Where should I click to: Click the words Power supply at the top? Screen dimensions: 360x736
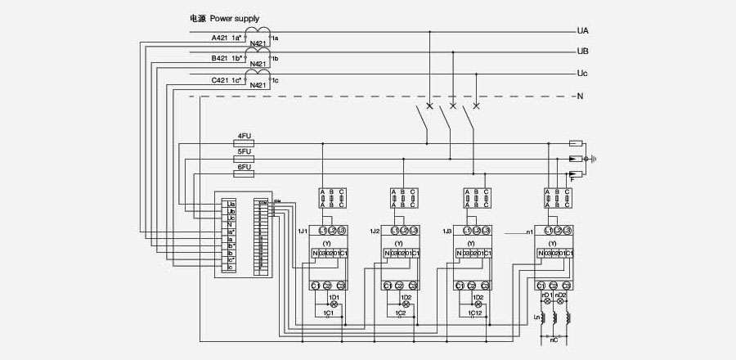236,16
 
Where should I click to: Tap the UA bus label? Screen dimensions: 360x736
583,31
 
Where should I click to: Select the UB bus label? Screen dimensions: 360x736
583,52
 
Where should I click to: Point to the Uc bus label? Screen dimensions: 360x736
583,74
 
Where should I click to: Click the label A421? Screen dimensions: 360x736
220,38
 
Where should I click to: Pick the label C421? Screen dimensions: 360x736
220,79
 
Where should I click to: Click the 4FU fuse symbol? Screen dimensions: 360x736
244,143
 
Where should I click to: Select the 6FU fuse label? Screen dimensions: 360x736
244,167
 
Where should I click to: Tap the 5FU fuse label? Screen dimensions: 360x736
244,151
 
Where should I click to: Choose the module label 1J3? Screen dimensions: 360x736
447,232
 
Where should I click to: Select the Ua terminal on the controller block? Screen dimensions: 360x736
231,204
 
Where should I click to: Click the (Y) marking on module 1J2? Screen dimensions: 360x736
398,243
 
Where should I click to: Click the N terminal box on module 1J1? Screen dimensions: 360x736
316,254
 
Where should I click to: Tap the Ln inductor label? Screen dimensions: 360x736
537,317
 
